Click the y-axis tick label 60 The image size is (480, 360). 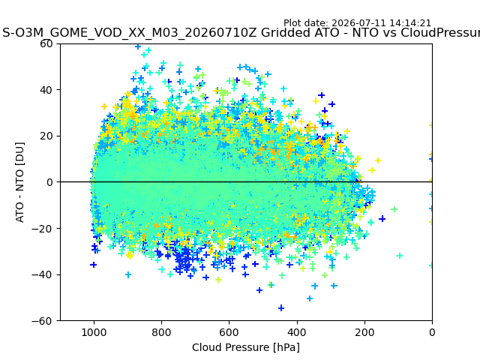46,43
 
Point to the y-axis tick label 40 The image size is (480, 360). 46,90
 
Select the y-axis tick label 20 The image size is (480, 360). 46,136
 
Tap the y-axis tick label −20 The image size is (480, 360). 42,229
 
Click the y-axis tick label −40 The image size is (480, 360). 42,275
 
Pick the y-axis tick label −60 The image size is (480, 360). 42,321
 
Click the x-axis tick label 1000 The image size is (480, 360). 94,332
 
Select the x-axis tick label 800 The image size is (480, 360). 161,332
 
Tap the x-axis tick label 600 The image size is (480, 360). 229,332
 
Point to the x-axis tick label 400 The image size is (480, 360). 297,332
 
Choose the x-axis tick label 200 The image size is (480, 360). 364,332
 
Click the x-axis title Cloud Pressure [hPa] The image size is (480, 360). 246,347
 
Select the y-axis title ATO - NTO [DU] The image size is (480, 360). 19,182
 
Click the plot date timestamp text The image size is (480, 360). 357,23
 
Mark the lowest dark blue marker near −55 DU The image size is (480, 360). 281,308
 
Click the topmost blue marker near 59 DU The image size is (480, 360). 138,46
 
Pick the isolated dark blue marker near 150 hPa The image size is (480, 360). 382,219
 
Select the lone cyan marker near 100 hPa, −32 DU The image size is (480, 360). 400,256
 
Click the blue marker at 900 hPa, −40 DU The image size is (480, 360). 128,274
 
